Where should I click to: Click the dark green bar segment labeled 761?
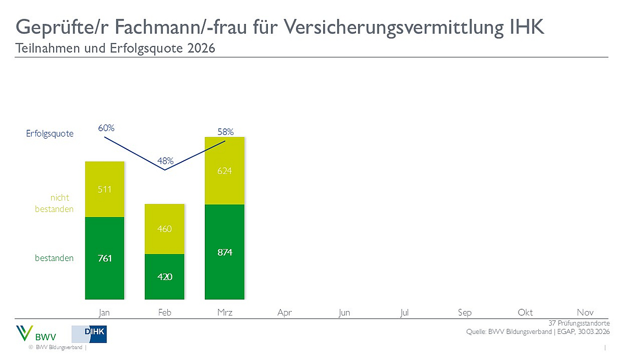105,258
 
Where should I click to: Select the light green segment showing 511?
105,189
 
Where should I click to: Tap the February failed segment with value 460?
165,229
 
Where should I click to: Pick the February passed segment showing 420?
165,276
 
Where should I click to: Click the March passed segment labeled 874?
225,252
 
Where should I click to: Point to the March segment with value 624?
225,171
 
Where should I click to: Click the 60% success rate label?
106,128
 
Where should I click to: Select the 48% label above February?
165,161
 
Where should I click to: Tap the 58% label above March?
225,132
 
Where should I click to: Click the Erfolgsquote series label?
50,134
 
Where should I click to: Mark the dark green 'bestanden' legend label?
54,258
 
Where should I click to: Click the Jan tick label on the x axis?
105,313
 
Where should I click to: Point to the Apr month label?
285,313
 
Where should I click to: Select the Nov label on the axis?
585,313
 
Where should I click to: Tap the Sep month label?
465,313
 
